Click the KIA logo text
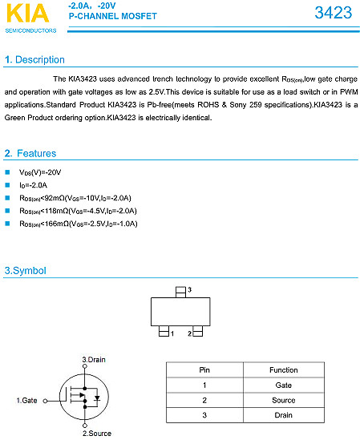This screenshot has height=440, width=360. pos(30,15)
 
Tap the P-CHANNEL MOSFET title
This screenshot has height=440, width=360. pos(112,16)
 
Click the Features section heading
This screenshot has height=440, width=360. pos(31,152)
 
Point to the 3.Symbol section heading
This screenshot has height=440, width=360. pos(26,271)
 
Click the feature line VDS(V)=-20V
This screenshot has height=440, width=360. pos(40,172)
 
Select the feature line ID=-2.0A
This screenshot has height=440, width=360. pos(34,185)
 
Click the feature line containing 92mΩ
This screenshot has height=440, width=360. pos(75,198)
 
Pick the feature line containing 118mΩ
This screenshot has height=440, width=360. pos(78,211)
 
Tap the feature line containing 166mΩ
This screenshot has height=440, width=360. pos(78,224)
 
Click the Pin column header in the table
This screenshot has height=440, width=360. pos(204,370)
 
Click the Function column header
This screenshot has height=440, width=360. pos(284,370)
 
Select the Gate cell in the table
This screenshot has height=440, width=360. pos(284,386)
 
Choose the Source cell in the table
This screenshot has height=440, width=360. pos(284,400)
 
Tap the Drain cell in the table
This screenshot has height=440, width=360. pos(284,415)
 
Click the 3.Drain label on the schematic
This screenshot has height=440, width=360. pos(94,360)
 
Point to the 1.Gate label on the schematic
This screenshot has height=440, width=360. pos(26,399)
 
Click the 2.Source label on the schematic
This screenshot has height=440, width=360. pos(96,434)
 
